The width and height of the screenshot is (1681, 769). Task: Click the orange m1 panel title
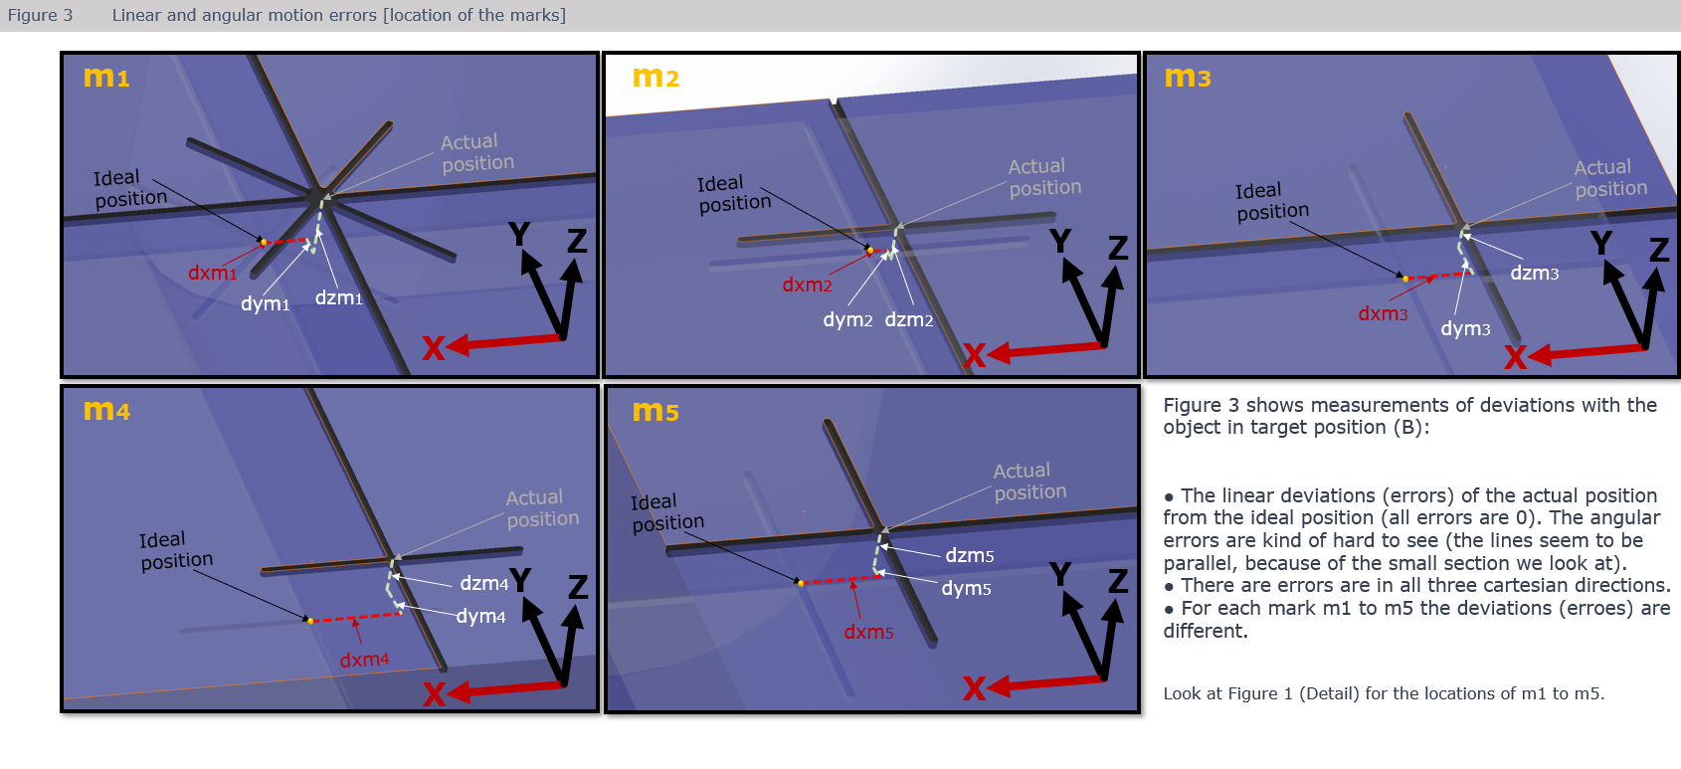coord(106,77)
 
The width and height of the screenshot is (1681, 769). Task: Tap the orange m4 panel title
coord(106,410)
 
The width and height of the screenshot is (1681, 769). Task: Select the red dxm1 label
coord(212,273)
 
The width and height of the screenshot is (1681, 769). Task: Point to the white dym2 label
coord(847,319)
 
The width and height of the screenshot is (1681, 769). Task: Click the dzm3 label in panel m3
coord(1534,273)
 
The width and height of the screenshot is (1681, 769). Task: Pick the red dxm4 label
coord(364,660)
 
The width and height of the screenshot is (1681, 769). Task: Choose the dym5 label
coord(966,588)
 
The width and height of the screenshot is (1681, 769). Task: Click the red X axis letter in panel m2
coord(974,355)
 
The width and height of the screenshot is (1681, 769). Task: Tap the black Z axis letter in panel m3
coord(1658,250)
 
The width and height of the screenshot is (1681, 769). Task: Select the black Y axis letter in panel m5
coord(1060,574)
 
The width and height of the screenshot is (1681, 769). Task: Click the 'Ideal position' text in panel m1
coord(129,188)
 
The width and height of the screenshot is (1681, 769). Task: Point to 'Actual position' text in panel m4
coord(541,507)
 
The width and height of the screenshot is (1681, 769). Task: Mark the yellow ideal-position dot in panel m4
coord(310,621)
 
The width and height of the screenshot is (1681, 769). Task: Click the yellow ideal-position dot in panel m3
coord(1404,279)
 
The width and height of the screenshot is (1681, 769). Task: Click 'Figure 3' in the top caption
coord(40,15)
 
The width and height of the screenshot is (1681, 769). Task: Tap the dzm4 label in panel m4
coord(483,583)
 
